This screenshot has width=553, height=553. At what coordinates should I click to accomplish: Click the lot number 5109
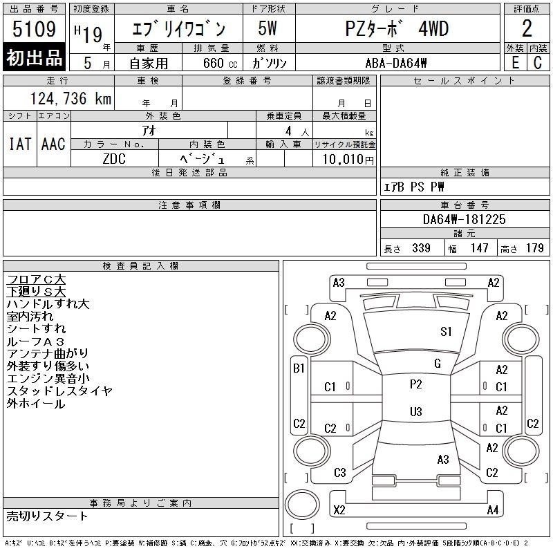34,28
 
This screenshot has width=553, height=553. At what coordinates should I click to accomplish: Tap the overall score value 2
527,28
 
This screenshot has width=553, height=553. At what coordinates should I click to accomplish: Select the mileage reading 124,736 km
71,98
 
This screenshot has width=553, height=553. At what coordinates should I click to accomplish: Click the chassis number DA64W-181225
464,219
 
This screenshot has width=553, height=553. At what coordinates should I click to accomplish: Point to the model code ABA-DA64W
396,63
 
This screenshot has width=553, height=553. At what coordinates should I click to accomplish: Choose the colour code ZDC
114,159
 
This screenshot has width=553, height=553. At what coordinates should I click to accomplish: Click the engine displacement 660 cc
220,63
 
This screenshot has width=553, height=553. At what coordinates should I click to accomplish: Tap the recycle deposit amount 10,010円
348,160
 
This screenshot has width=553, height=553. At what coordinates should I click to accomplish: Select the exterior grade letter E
515,63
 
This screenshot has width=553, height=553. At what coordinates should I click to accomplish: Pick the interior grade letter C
538,63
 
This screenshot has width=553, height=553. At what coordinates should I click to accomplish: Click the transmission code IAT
20,144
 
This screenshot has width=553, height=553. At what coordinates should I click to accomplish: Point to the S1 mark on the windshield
446,332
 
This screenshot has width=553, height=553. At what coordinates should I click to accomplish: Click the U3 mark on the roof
416,411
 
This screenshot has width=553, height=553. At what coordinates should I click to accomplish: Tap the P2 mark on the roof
416,384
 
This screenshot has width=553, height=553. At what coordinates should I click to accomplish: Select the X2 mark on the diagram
339,510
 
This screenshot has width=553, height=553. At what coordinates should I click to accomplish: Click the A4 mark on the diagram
493,510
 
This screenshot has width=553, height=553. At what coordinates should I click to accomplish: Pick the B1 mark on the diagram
299,368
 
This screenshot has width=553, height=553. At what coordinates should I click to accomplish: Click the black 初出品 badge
34,57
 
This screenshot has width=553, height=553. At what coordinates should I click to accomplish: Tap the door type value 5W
268,28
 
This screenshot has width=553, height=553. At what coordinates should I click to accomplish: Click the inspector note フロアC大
36,280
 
